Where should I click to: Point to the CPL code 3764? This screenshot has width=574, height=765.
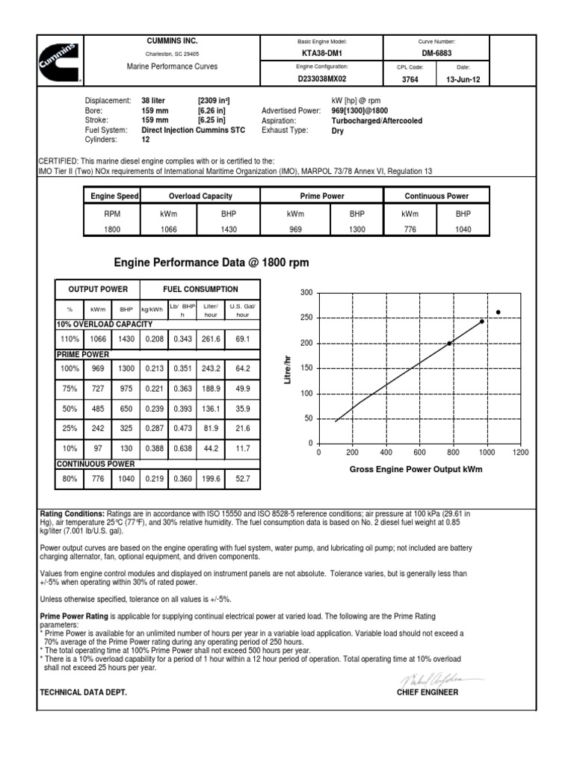pyautogui.click(x=410, y=78)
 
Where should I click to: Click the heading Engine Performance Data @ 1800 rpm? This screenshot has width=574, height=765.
pyautogui.click(x=211, y=263)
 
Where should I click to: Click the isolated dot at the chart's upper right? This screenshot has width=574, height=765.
pyautogui.click(x=498, y=312)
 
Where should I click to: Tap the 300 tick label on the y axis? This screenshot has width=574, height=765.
pyautogui.click(x=305, y=292)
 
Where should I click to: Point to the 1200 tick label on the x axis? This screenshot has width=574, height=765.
pyautogui.click(x=520, y=453)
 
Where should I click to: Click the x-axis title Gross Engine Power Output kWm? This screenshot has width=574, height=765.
pyautogui.click(x=417, y=469)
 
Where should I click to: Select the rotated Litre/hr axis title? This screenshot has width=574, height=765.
pyautogui.click(x=287, y=370)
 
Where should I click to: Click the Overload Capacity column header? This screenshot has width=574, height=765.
pyautogui.click(x=201, y=196)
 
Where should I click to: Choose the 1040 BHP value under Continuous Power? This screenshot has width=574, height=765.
pyautogui.click(x=463, y=229)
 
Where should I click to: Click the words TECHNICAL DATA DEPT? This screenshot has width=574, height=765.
pyautogui.click(x=82, y=693)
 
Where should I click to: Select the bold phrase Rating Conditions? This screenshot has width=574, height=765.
pyautogui.click(x=72, y=514)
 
